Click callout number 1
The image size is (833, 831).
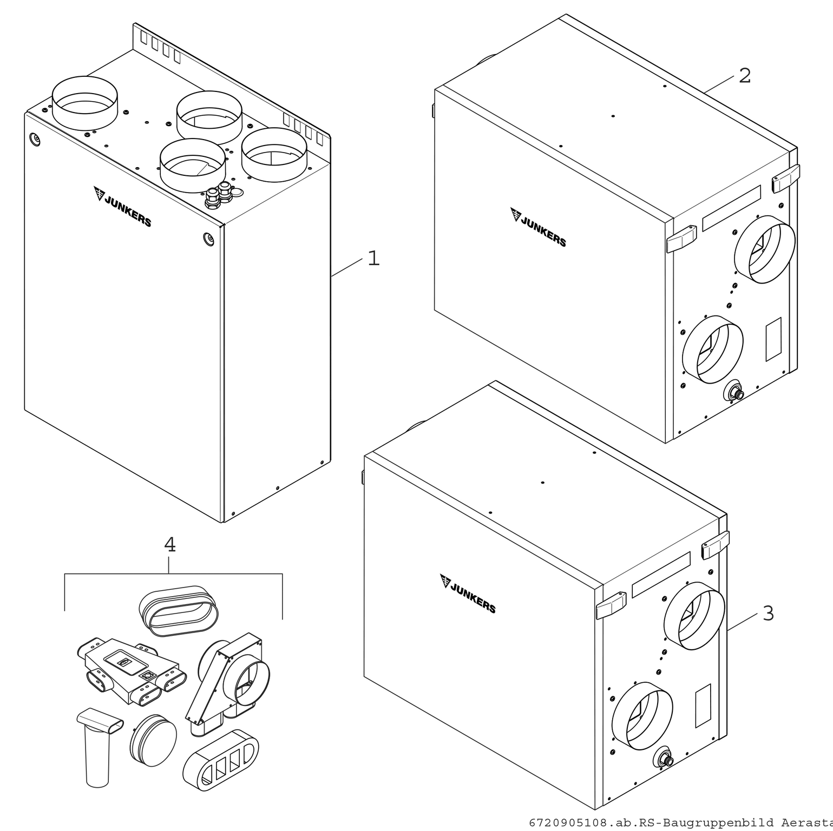point(373,259)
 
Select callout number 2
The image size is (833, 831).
point(745,76)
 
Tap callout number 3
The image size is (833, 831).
point(768,614)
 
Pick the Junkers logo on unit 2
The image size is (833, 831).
point(538,227)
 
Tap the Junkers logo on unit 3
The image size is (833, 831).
point(468,593)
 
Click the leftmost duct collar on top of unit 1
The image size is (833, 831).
point(84,103)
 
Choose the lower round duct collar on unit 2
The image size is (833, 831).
point(712,349)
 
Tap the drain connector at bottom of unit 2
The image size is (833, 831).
point(735,392)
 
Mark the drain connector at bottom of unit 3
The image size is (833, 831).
point(664,758)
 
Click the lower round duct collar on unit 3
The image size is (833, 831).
point(642,716)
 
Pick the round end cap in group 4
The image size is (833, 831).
point(154,740)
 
